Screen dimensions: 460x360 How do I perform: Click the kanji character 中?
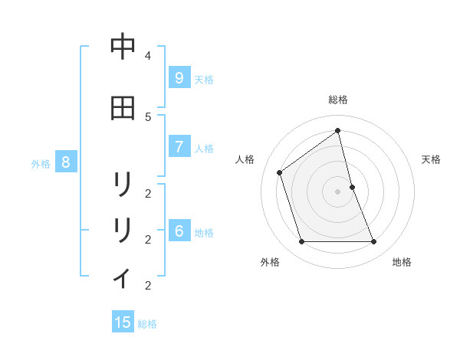point(123,47)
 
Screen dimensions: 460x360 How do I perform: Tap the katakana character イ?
point(123,277)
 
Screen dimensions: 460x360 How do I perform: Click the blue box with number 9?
point(179,77)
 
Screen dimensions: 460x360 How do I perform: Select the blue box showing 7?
point(179,147)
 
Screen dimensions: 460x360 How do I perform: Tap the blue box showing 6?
point(179,231)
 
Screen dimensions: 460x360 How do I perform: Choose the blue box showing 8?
point(66,162)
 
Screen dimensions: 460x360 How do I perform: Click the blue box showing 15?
point(123,322)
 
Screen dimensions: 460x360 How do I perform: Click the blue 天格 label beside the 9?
point(203,79)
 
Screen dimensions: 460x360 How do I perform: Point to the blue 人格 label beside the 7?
point(203,149)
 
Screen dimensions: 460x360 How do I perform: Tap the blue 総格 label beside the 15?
point(147,324)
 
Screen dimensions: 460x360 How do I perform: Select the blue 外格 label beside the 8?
point(41,163)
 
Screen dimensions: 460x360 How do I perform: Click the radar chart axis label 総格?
point(338,100)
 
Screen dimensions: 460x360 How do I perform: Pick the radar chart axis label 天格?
point(431,159)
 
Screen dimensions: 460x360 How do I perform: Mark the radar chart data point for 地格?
point(374,242)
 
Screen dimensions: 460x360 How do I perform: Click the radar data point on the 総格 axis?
point(338,130)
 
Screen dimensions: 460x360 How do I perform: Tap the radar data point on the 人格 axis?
point(280,172)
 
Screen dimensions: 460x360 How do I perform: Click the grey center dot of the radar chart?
point(338,191)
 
